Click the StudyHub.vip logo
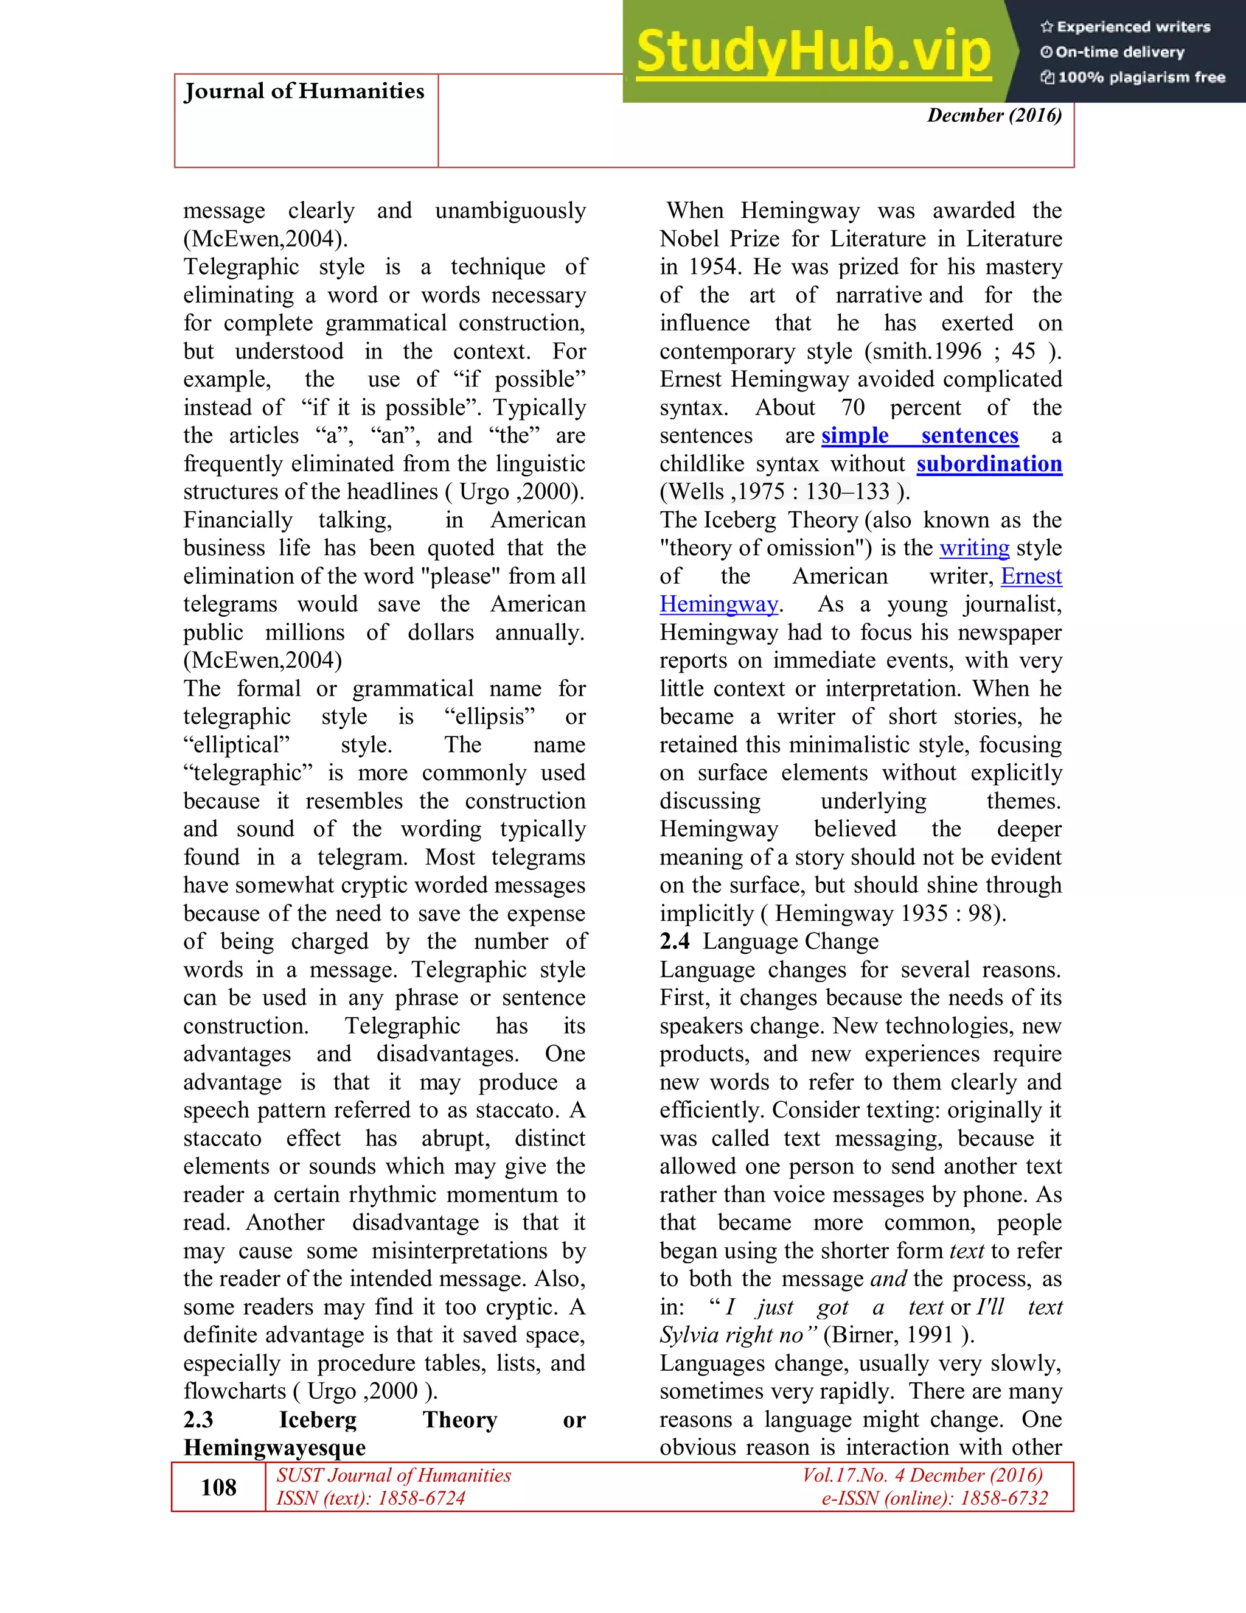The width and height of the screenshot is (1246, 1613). (x=813, y=52)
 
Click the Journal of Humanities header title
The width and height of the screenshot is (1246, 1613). (x=304, y=91)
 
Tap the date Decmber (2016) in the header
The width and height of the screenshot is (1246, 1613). (x=994, y=115)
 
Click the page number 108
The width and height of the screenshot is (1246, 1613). (x=218, y=1487)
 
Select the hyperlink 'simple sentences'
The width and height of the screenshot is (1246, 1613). (x=920, y=436)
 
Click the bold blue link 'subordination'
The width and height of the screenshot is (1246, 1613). (x=989, y=464)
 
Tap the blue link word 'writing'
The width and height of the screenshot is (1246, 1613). (x=975, y=548)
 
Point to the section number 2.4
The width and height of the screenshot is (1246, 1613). (x=674, y=942)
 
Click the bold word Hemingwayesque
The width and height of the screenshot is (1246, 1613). (x=274, y=1447)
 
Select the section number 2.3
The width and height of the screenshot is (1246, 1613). (x=198, y=1419)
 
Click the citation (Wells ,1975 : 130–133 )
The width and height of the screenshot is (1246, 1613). (x=785, y=492)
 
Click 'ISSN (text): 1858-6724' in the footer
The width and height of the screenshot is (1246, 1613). (x=371, y=1498)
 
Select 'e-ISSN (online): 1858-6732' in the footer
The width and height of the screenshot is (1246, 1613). (x=934, y=1498)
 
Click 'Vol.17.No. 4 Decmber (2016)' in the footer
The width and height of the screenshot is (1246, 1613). (x=923, y=1475)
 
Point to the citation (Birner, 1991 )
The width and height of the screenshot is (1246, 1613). (x=899, y=1335)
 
